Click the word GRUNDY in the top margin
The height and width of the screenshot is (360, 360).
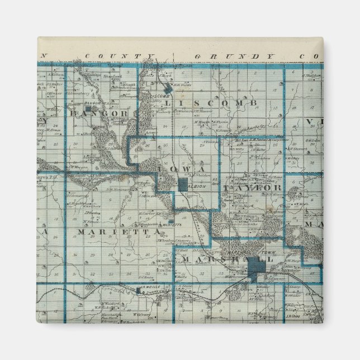[234, 57]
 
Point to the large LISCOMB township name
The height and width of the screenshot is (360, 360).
[215, 103]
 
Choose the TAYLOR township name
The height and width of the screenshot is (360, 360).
[252, 188]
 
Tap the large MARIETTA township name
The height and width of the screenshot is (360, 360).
[112, 231]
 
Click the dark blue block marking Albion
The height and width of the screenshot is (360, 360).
[183, 184]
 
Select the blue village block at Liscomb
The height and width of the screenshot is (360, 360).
[168, 88]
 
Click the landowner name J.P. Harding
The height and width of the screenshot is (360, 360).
[92, 212]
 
